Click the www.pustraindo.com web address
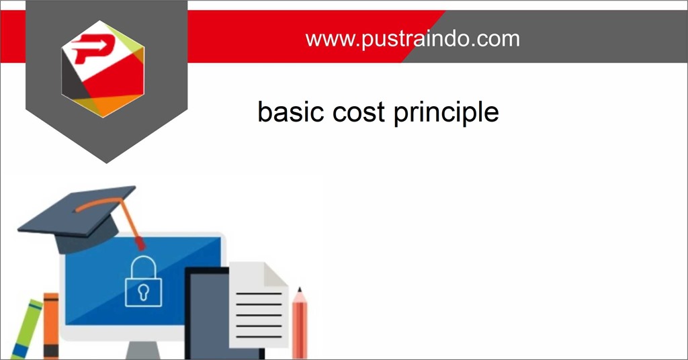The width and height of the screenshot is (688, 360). (413, 38)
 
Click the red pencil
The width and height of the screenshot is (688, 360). (300, 326)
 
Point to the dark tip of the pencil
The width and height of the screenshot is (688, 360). (300, 290)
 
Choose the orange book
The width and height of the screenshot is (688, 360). (51, 326)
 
